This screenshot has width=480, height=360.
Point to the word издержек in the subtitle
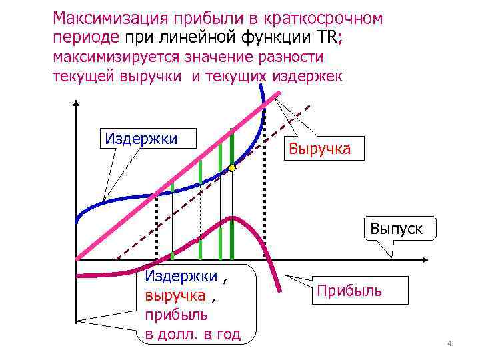point(305,76)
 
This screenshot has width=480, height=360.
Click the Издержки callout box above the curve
point(141,139)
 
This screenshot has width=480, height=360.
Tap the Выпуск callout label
point(397,229)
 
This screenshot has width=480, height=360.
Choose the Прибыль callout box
point(349,291)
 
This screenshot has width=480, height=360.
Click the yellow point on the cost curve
point(232,168)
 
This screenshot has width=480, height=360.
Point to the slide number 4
point(449,343)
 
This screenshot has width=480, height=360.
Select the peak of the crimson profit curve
point(231,217)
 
